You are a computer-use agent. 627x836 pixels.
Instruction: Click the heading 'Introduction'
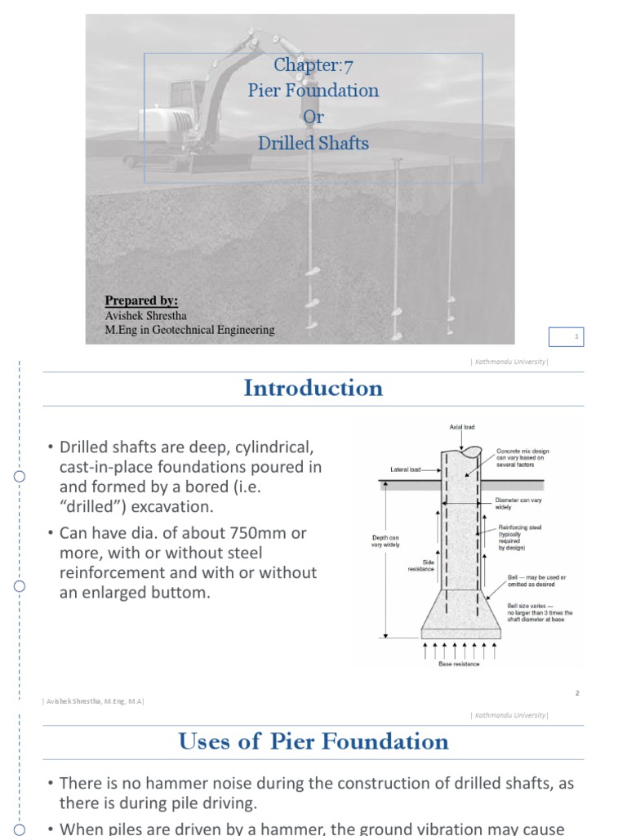tap(313, 389)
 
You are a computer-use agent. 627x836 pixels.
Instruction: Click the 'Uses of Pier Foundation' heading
tap(313, 741)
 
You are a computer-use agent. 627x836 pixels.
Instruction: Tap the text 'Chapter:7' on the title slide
tap(313, 66)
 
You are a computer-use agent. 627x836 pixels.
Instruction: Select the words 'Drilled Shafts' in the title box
tap(313, 143)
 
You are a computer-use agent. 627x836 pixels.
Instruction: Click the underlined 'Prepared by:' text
tap(141, 300)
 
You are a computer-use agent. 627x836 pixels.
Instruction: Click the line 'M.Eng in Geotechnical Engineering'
tap(189, 330)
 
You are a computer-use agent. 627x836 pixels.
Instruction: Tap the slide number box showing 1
tap(576, 336)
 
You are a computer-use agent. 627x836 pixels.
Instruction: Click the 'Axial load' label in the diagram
tap(462, 427)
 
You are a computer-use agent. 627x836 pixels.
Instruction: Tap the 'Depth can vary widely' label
tap(385, 541)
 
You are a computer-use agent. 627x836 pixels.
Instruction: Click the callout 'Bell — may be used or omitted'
tap(536, 581)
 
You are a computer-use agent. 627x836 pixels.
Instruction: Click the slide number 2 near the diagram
tap(576, 693)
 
